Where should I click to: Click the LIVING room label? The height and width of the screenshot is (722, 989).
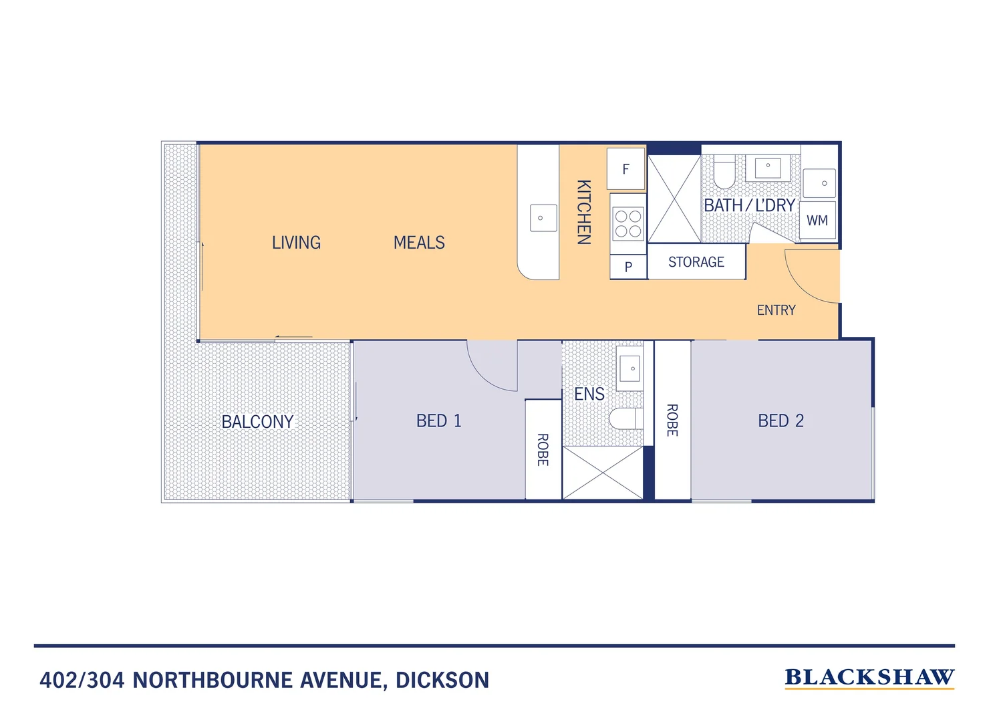pyautogui.click(x=296, y=243)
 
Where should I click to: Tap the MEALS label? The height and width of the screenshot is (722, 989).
pyautogui.click(x=419, y=243)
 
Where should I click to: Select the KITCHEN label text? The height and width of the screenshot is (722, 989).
pyautogui.click(x=583, y=212)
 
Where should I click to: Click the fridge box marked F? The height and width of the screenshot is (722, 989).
pyautogui.click(x=626, y=169)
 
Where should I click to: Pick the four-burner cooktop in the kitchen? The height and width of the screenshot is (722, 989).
pyautogui.click(x=628, y=224)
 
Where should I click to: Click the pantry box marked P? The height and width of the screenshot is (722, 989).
pyautogui.click(x=628, y=267)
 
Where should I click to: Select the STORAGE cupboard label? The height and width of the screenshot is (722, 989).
pyautogui.click(x=696, y=262)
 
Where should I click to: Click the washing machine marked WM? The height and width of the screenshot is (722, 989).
pyautogui.click(x=817, y=221)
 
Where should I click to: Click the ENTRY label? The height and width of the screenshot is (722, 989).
pyautogui.click(x=776, y=310)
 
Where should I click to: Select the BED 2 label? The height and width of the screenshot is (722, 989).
pyautogui.click(x=781, y=421)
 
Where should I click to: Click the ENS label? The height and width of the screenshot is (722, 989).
pyautogui.click(x=589, y=394)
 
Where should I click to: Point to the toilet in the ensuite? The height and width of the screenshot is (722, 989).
pyautogui.click(x=625, y=418)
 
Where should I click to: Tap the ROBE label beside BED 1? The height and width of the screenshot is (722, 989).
pyautogui.click(x=543, y=450)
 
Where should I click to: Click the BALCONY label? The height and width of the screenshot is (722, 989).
pyautogui.click(x=257, y=422)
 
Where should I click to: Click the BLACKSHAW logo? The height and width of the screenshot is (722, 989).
pyautogui.click(x=869, y=678)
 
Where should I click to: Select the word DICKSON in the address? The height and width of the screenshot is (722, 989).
pyautogui.click(x=442, y=681)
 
